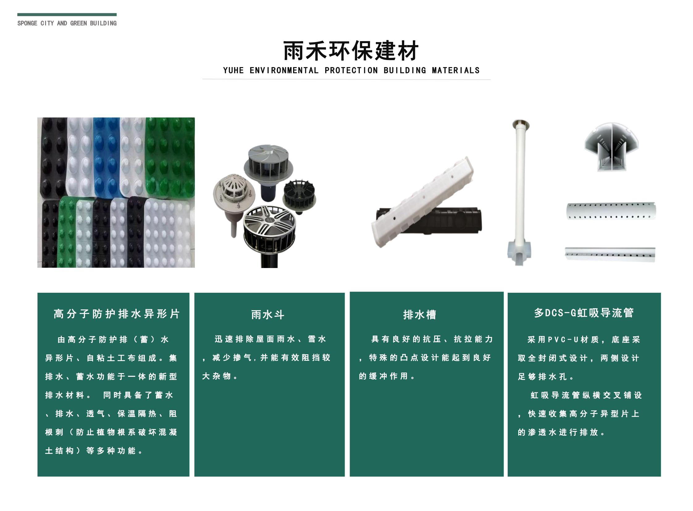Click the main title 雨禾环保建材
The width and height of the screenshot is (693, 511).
point(351,50)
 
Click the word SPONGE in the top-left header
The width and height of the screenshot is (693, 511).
point(27,23)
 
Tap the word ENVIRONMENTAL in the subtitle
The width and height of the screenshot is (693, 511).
point(284,70)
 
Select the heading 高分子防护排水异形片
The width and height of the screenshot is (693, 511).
point(116,314)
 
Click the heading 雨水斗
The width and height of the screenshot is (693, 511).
point(267,315)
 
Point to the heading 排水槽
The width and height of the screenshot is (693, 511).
point(420,315)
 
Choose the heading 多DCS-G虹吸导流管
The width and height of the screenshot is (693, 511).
point(584,313)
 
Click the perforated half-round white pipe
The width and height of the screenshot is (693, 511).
point(611,211)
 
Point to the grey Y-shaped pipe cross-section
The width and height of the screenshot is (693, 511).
point(611,147)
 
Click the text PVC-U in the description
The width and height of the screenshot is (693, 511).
point(563,340)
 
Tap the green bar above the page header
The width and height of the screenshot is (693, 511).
point(67,15)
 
